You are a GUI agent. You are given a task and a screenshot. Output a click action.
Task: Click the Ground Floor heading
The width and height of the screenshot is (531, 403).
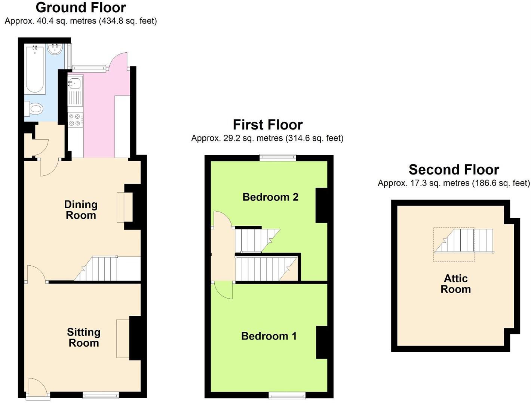pos(81,7)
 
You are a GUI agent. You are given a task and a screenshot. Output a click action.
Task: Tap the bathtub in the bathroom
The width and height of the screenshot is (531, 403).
pos(35,69)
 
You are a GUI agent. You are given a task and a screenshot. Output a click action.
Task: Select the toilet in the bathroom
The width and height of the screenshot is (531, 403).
pos(34,109)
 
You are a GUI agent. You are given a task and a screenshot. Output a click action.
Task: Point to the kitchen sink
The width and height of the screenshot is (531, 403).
pos(75,83)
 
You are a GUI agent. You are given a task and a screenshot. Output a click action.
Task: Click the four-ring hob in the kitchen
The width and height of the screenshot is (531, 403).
pos(75,119)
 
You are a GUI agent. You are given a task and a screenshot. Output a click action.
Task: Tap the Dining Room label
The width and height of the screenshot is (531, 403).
pos(81,210)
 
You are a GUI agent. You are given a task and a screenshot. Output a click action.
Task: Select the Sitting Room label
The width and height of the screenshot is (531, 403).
pos(83,337)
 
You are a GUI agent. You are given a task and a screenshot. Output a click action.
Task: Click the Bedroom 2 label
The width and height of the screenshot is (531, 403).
pos(270,197)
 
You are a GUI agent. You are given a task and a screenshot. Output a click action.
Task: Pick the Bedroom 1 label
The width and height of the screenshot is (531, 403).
pos(269,336)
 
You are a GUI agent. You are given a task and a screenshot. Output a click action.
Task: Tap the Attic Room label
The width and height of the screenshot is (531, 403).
pos(455,284)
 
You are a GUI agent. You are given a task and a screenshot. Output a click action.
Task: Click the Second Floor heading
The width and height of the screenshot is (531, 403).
pos(454,170)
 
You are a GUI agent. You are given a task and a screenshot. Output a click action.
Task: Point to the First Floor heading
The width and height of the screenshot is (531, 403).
pos(267,125)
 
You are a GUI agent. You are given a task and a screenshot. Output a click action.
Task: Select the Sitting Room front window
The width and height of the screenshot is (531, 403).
pos(101,396)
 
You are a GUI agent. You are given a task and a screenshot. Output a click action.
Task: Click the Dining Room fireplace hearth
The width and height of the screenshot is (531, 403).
pos(120,207)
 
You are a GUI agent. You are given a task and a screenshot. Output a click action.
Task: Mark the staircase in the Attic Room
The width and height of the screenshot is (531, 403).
pos(464,241)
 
